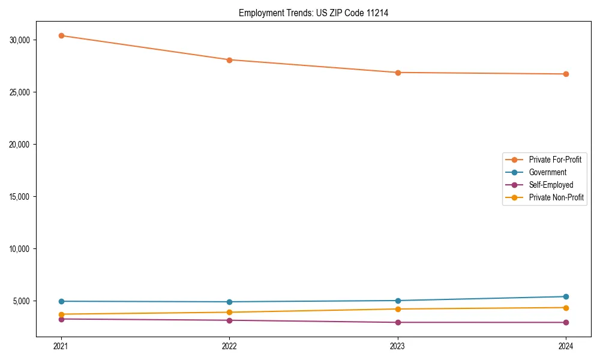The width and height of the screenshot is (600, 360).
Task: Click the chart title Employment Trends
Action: coord(313,13)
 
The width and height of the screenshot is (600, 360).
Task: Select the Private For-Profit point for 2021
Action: coord(61,35)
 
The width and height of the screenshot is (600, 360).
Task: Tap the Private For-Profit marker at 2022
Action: coord(229,60)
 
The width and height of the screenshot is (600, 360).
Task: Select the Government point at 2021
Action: coord(61,301)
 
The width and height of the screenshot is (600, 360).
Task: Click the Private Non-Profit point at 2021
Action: coord(61,314)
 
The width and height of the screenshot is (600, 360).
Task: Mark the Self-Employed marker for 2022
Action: coord(229,320)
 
